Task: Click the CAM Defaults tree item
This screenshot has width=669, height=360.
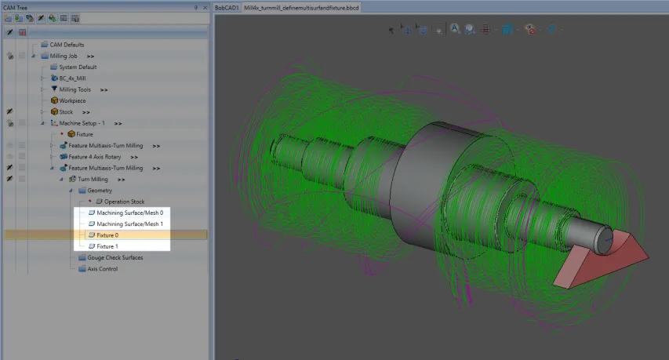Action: pyautogui.click(x=67, y=45)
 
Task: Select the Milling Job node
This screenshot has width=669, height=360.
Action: pyautogui.click(x=64, y=56)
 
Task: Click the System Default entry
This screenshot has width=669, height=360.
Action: pyautogui.click(x=78, y=67)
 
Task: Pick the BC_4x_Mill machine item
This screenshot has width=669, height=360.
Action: pyautogui.click(x=72, y=78)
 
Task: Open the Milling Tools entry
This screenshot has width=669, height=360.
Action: pyautogui.click(x=75, y=89)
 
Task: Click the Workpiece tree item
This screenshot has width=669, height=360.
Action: pyautogui.click(x=72, y=100)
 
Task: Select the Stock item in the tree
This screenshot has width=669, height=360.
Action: pyautogui.click(x=66, y=111)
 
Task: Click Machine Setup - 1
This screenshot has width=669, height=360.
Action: pyautogui.click(x=82, y=123)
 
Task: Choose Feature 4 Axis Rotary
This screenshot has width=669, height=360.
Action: pyautogui.click(x=95, y=157)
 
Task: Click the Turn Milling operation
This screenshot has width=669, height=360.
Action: pyautogui.click(x=93, y=179)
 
